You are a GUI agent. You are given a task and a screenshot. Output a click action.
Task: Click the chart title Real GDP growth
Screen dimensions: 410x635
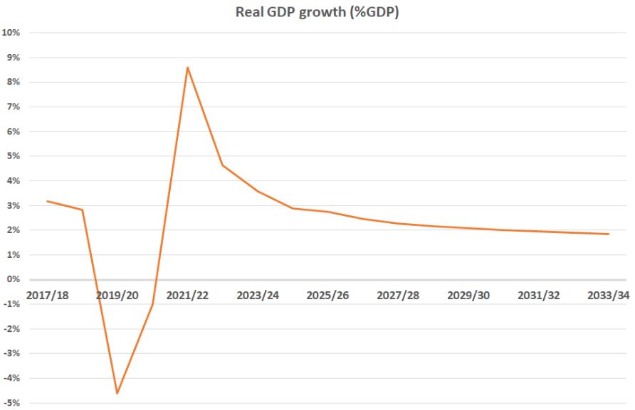tap(317, 12)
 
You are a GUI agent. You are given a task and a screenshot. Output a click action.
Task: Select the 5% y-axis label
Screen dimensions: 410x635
tap(13, 156)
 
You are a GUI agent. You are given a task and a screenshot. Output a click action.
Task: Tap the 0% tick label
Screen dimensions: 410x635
tap(13, 279)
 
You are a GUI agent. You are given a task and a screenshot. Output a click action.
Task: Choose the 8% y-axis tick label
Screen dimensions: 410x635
tap(13, 82)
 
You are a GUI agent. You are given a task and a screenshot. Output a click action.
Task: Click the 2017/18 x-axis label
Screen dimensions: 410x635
tap(47, 295)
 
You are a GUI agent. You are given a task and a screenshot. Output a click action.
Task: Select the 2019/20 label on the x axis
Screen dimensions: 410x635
tap(117, 295)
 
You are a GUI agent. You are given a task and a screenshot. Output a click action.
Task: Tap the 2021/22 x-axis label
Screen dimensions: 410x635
tap(187, 295)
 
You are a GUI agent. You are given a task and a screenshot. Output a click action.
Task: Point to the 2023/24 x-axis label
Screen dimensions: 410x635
tap(258, 295)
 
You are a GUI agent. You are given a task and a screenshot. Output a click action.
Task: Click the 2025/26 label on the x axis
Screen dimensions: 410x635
tap(327, 295)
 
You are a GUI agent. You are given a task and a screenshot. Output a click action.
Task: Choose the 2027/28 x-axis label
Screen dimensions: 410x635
tap(398, 295)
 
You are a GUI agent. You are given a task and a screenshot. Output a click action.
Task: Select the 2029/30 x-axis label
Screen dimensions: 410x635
tap(468, 295)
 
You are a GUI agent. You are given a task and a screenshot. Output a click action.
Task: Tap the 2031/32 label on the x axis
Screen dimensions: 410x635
tap(538, 295)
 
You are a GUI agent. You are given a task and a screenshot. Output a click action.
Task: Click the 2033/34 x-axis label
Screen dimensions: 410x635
tap(607, 295)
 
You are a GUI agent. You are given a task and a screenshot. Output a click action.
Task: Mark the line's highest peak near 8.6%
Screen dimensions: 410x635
tap(187, 68)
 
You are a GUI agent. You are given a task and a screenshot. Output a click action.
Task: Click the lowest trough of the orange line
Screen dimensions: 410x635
tap(117, 393)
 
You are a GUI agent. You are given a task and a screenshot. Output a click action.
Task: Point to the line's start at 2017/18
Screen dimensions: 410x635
tap(47, 201)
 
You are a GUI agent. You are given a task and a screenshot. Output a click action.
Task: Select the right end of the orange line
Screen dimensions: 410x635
tap(609, 234)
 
